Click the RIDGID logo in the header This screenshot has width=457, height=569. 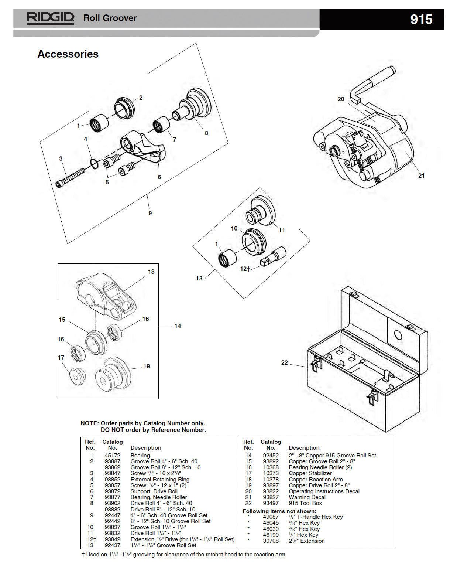[50, 18]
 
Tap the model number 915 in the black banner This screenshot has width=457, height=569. [421, 19]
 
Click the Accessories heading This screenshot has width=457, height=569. [68, 54]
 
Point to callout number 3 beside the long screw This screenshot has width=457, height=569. [61, 159]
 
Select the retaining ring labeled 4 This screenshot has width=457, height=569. [94, 163]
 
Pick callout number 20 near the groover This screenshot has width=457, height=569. [341, 99]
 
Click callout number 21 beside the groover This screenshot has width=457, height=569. [421, 176]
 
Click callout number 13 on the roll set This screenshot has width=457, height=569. [199, 278]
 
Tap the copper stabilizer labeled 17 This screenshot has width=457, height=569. [78, 377]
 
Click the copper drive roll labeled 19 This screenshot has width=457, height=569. [113, 376]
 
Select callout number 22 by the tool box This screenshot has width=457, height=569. [284, 362]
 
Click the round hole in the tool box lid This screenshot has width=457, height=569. [398, 335]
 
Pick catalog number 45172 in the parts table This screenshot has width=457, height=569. [112, 456]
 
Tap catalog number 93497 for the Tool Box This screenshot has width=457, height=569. [271, 503]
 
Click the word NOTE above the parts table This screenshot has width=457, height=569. [89, 423]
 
